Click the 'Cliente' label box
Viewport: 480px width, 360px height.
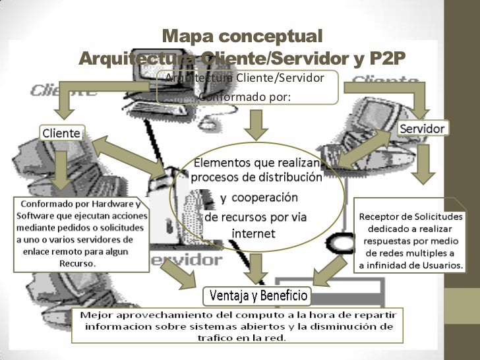tap(63, 132)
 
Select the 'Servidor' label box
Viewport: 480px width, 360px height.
tap(423, 127)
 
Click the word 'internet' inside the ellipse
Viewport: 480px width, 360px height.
tap(254, 233)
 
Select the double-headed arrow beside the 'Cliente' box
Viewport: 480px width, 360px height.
tap(132, 156)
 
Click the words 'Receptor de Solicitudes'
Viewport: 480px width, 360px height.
tap(411, 216)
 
